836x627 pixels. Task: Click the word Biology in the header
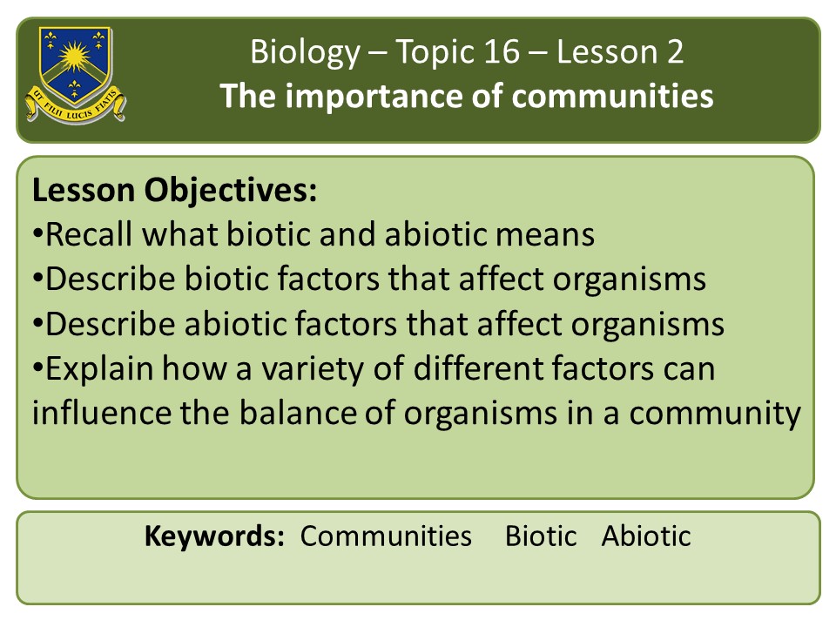coord(306,53)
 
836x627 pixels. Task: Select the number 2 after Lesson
coord(675,51)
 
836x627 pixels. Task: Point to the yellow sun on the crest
coord(74,56)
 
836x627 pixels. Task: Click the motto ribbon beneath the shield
coord(75,105)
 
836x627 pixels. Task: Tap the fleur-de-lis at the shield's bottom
coord(75,88)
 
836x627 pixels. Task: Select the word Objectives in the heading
coord(230,191)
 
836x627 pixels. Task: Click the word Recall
coord(89,234)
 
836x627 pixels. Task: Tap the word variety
coord(312,370)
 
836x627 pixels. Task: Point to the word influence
coord(101,413)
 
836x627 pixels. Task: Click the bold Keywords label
coord(214,536)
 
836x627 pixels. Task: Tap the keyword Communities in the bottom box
coord(386,536)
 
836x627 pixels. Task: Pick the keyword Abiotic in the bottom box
coord(646,536)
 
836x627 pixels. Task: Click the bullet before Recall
coord(37,234)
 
